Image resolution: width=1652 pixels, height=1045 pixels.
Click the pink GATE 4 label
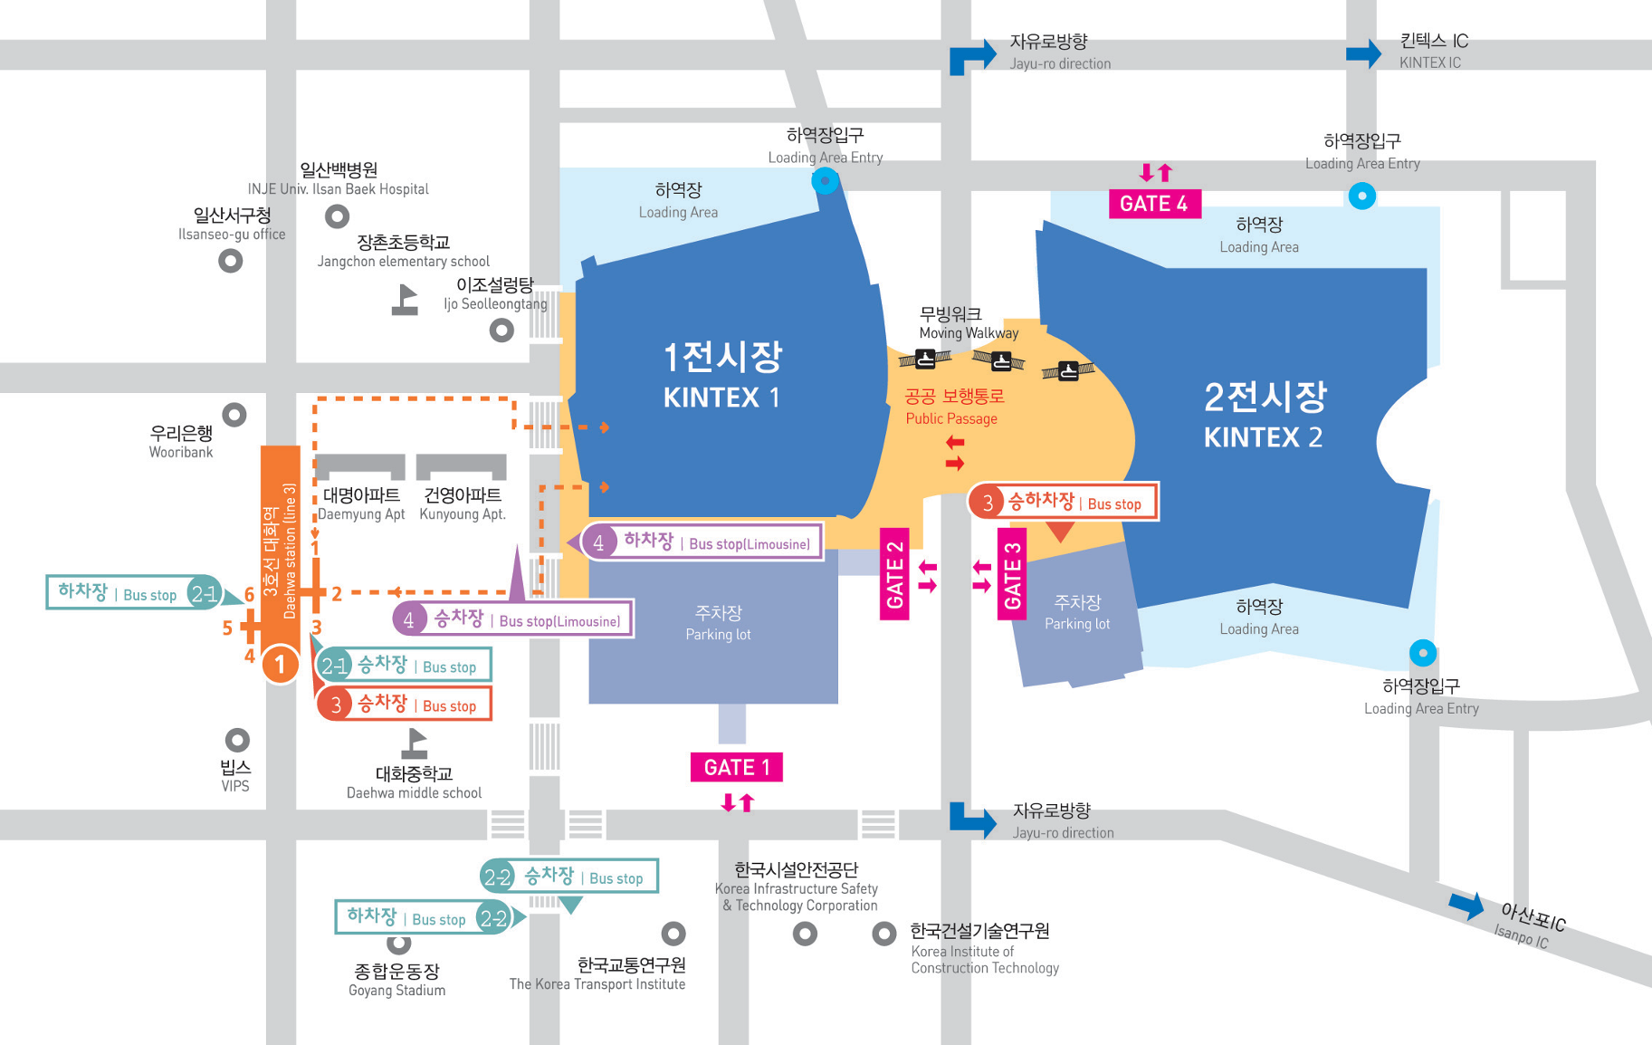click(x=1154, y=204)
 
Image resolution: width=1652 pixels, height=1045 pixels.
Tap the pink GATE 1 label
click(x=736, y=767)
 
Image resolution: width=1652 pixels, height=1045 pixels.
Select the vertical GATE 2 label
click(x=894, y=574)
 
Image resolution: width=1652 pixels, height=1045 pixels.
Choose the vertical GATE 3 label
click(x=1012, y=574)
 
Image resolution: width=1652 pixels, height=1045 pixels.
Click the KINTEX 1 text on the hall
click(x=721, y=398)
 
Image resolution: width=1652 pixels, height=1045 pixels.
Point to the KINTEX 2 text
click(x=1263, y=437)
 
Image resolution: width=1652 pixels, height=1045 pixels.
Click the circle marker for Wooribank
click(x=234, y=415)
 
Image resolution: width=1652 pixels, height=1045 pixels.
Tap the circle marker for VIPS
click(x=237, y=740)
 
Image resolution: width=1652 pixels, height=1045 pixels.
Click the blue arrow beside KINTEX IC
click(x=1363, y=53)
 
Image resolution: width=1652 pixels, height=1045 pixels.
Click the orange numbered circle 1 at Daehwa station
click(x=280, y=665)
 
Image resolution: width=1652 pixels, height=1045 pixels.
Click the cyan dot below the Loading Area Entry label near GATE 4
click(x=1361, y=196)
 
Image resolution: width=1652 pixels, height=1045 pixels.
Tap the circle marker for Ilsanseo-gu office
click(x=231, y=261)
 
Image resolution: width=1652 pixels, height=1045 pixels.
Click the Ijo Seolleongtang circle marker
click(x=501, y=331)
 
